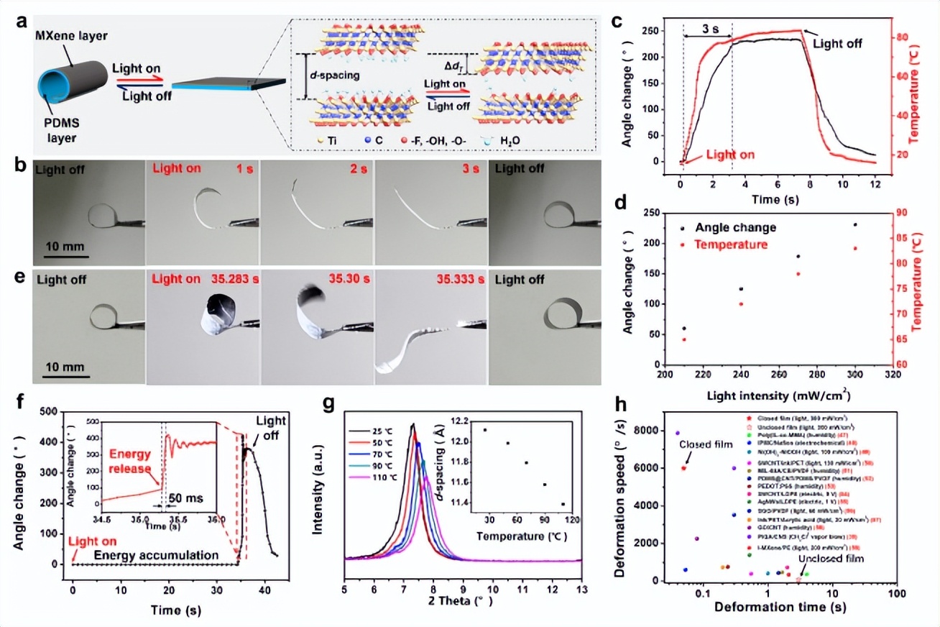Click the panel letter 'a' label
(x=22, y=21)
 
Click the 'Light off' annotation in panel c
(x=838, y=43)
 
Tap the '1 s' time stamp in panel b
(x=237, y=170)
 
